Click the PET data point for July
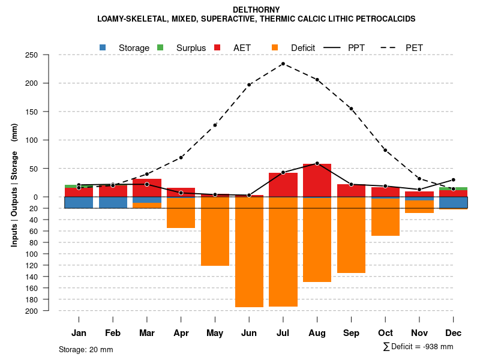click(x=283, y=64)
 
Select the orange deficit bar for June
click(x=249, y=252)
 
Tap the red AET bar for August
click(x=317, y=180)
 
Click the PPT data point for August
click(x=317, y=163)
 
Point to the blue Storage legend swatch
click(x=103, y=47)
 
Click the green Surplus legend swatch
click(x=160, y=47)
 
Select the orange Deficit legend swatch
click(x=275, y=47)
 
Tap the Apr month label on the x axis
click(x=181, y=333)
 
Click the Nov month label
click(x=419, y=333)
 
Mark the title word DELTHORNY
click(x=256, y=10)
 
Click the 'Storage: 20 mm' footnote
click(x=86, y=349)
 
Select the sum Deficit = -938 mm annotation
click(x=418, y=347)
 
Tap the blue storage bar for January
click(x=79, y=202)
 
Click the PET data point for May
click(x=215, y=125)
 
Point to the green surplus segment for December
click(x=454, y=188)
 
